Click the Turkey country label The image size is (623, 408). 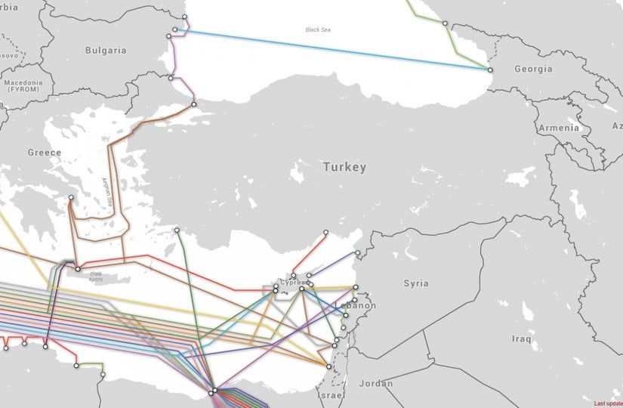coord(344,167)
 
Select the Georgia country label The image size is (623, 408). coord(533,69)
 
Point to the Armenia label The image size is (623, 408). coord(559,128)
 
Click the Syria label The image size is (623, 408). coord(415,283)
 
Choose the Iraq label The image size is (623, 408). coord(522,338)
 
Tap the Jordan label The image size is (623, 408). coord(376,383)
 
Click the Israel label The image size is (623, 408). coord(331,396)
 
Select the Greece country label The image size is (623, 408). coord(45,152)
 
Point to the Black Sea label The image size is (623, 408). coord(318,30)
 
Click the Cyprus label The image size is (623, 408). coord(292,282)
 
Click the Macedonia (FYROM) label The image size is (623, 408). coord(25,85)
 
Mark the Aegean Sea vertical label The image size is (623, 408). coord(106,193)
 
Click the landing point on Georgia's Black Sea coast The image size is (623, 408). coord(489,70)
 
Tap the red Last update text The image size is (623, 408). coord(608,403)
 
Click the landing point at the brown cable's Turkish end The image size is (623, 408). coord(193,104)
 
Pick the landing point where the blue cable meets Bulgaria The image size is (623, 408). coord(175,30)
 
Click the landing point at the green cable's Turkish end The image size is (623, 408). coord(177,230)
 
